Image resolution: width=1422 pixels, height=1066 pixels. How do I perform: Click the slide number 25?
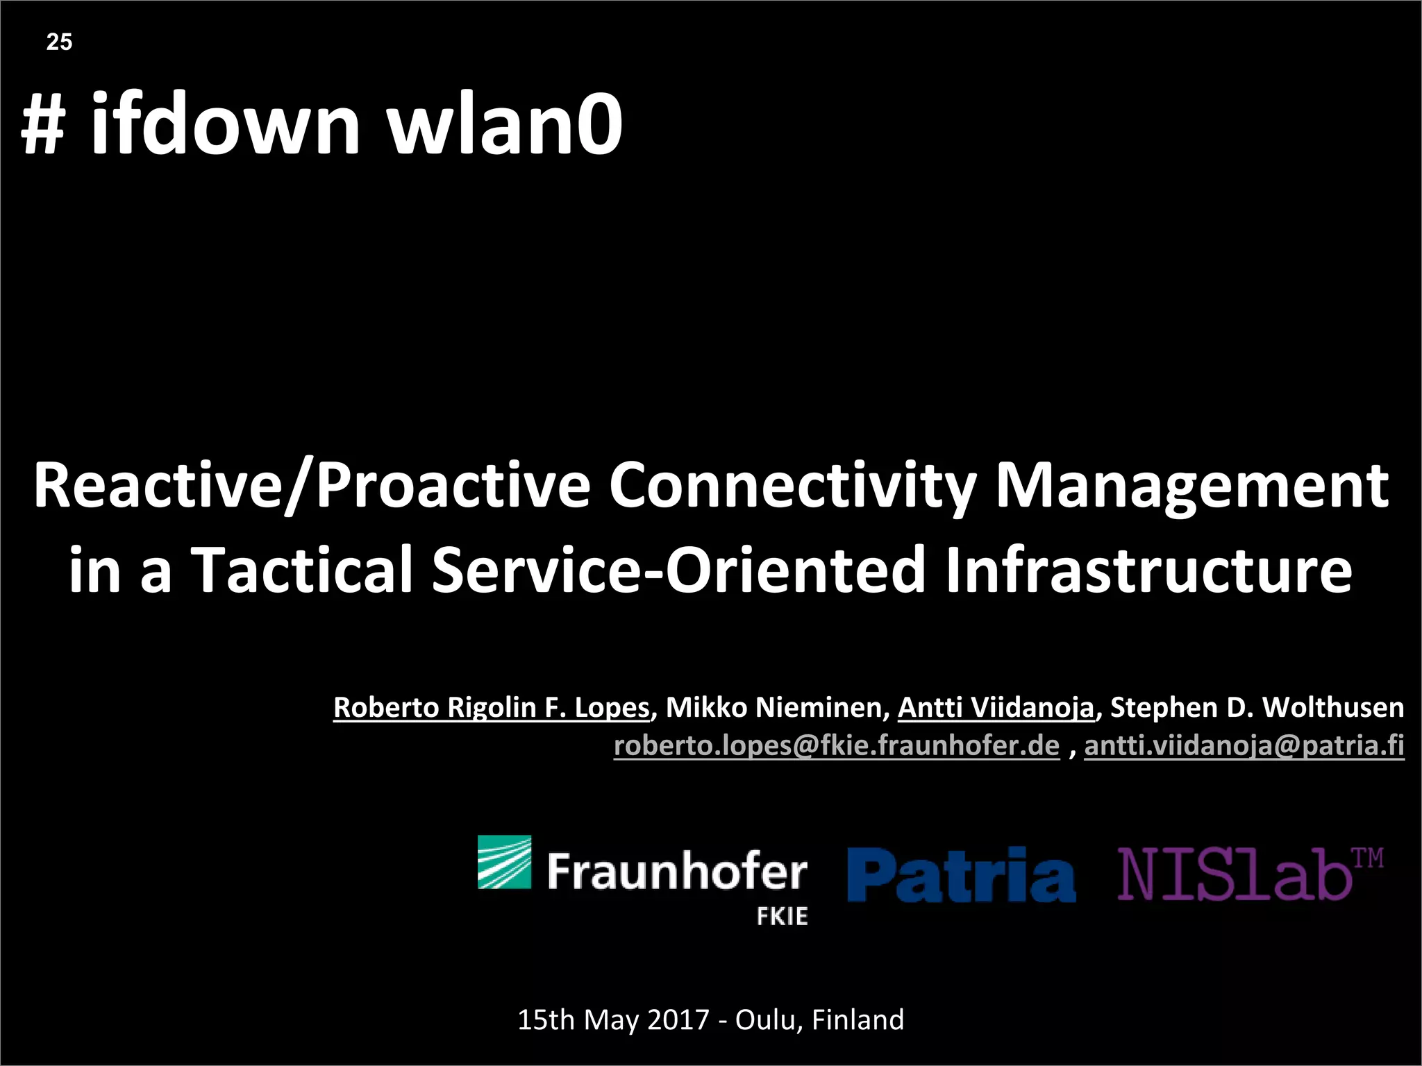59,42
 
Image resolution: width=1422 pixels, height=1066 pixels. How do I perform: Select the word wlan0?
504,125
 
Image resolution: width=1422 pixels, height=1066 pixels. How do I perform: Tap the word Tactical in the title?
302,569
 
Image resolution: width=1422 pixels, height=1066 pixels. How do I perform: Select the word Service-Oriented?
678,569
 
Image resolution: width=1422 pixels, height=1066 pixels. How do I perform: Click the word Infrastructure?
1148,569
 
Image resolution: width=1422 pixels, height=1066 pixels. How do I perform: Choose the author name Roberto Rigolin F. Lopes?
491,707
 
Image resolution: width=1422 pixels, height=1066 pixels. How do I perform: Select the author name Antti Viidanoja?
996,707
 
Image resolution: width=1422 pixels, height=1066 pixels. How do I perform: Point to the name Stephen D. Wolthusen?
1257,707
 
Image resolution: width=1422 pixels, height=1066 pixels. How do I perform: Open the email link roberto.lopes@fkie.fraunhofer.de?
836,745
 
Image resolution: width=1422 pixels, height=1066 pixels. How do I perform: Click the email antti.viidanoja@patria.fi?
1244,745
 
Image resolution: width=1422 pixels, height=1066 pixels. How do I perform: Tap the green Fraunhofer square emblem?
504,862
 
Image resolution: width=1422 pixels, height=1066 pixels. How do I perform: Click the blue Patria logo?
961,874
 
